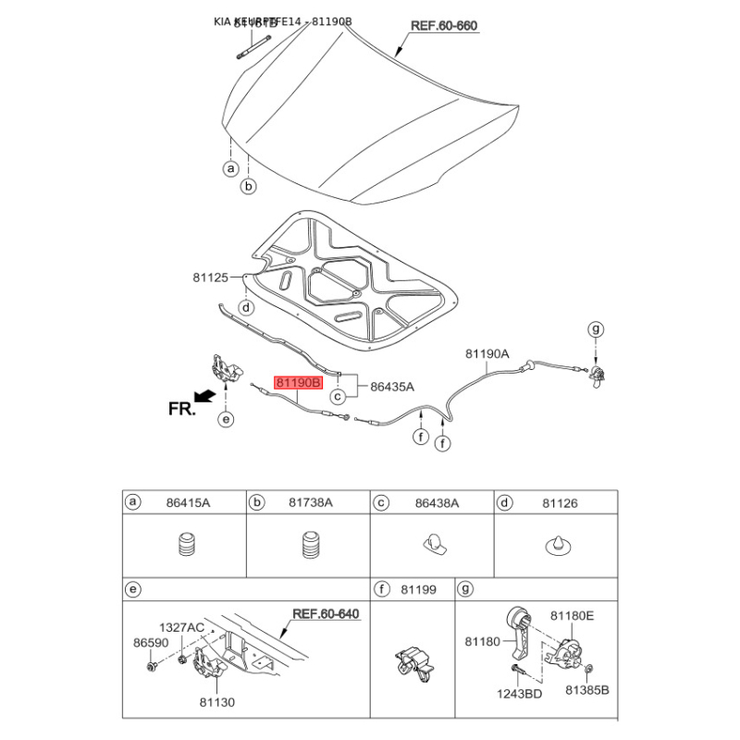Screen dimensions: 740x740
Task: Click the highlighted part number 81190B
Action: pyautogui.click(x=297, y=381)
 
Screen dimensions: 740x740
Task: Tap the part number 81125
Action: pyautogui.click(x=210, y=277)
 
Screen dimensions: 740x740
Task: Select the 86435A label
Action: pyautogui.click(x=392, y=387)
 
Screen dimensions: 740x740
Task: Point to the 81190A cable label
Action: pyautogui.click(x=487, y=353)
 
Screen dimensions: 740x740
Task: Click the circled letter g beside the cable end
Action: pyautogui.click(x=596, y=328)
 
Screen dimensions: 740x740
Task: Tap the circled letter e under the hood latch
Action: pyautogui.click(x=226, y=420)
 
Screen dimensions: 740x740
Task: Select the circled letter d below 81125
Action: pyautogui.click(x=245, y=307)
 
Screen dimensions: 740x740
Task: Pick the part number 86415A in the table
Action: pyautogui.click(x=189, y=502)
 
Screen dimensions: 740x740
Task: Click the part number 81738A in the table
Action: pyautogui.click(x=310, y=502)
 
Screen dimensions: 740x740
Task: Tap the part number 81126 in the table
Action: pyautogui.click(x=559, y=502)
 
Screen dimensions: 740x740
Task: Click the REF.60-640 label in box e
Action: pyautogui.click(x=326, y=613)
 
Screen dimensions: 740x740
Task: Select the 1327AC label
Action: pyautogui.click(x=181, y=627)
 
